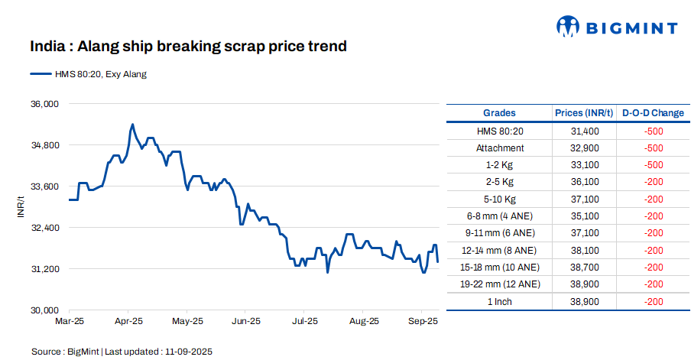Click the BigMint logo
point(616,28)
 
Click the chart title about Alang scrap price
point(188,47)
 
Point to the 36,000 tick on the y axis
point(43,104)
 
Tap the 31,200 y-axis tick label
point(43,269)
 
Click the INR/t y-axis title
point(22,207)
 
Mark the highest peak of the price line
point(132,124)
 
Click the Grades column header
point(499,113)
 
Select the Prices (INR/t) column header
point(584,113)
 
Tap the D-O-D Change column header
point(653,113)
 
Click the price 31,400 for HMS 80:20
point(584,131)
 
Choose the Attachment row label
point(499,148)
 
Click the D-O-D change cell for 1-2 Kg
point(653,165)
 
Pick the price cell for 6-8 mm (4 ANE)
point(584,216)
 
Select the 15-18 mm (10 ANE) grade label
point(499,268)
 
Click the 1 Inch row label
point(499,302)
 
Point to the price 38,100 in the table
point(584,251)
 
